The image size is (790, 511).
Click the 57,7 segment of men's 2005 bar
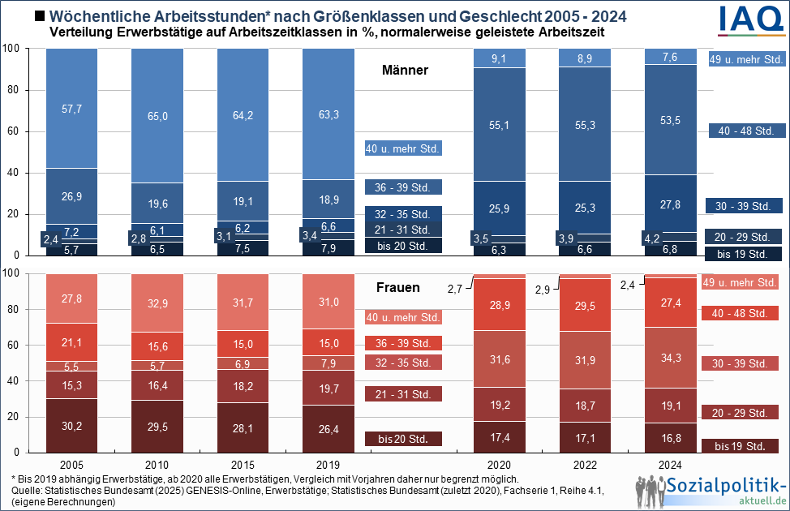coord(72,108)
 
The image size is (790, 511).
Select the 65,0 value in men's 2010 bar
coord(157,116)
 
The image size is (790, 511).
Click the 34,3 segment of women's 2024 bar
coord(670,358)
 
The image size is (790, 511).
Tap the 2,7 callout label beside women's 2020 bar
coord(455,288)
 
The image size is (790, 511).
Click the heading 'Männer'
coord(405,71)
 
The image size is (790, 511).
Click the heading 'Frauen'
coord(398,287)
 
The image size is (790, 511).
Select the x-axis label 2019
coord(328,464)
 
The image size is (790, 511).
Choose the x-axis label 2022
coord(585,464)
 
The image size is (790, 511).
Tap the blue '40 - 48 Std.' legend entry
coord(741,131)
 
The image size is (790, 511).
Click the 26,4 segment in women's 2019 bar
coord(328,428)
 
